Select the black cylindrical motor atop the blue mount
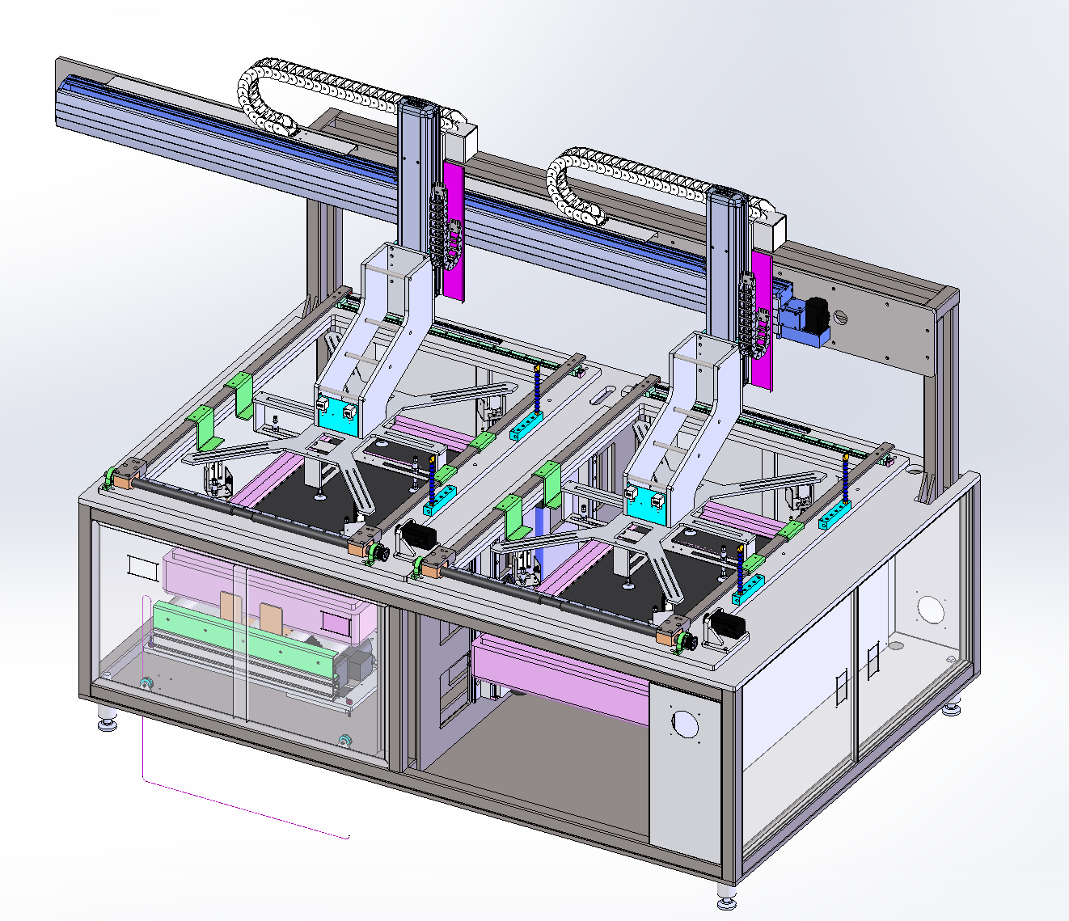click(x=818, y=312)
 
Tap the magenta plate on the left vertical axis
click(x=454, y=230)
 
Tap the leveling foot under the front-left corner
click(x=107, y=719)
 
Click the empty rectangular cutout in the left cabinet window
click(x=142, y=567)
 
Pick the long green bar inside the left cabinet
click(x=243, y=635)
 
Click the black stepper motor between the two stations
click(x=419, y=534)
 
